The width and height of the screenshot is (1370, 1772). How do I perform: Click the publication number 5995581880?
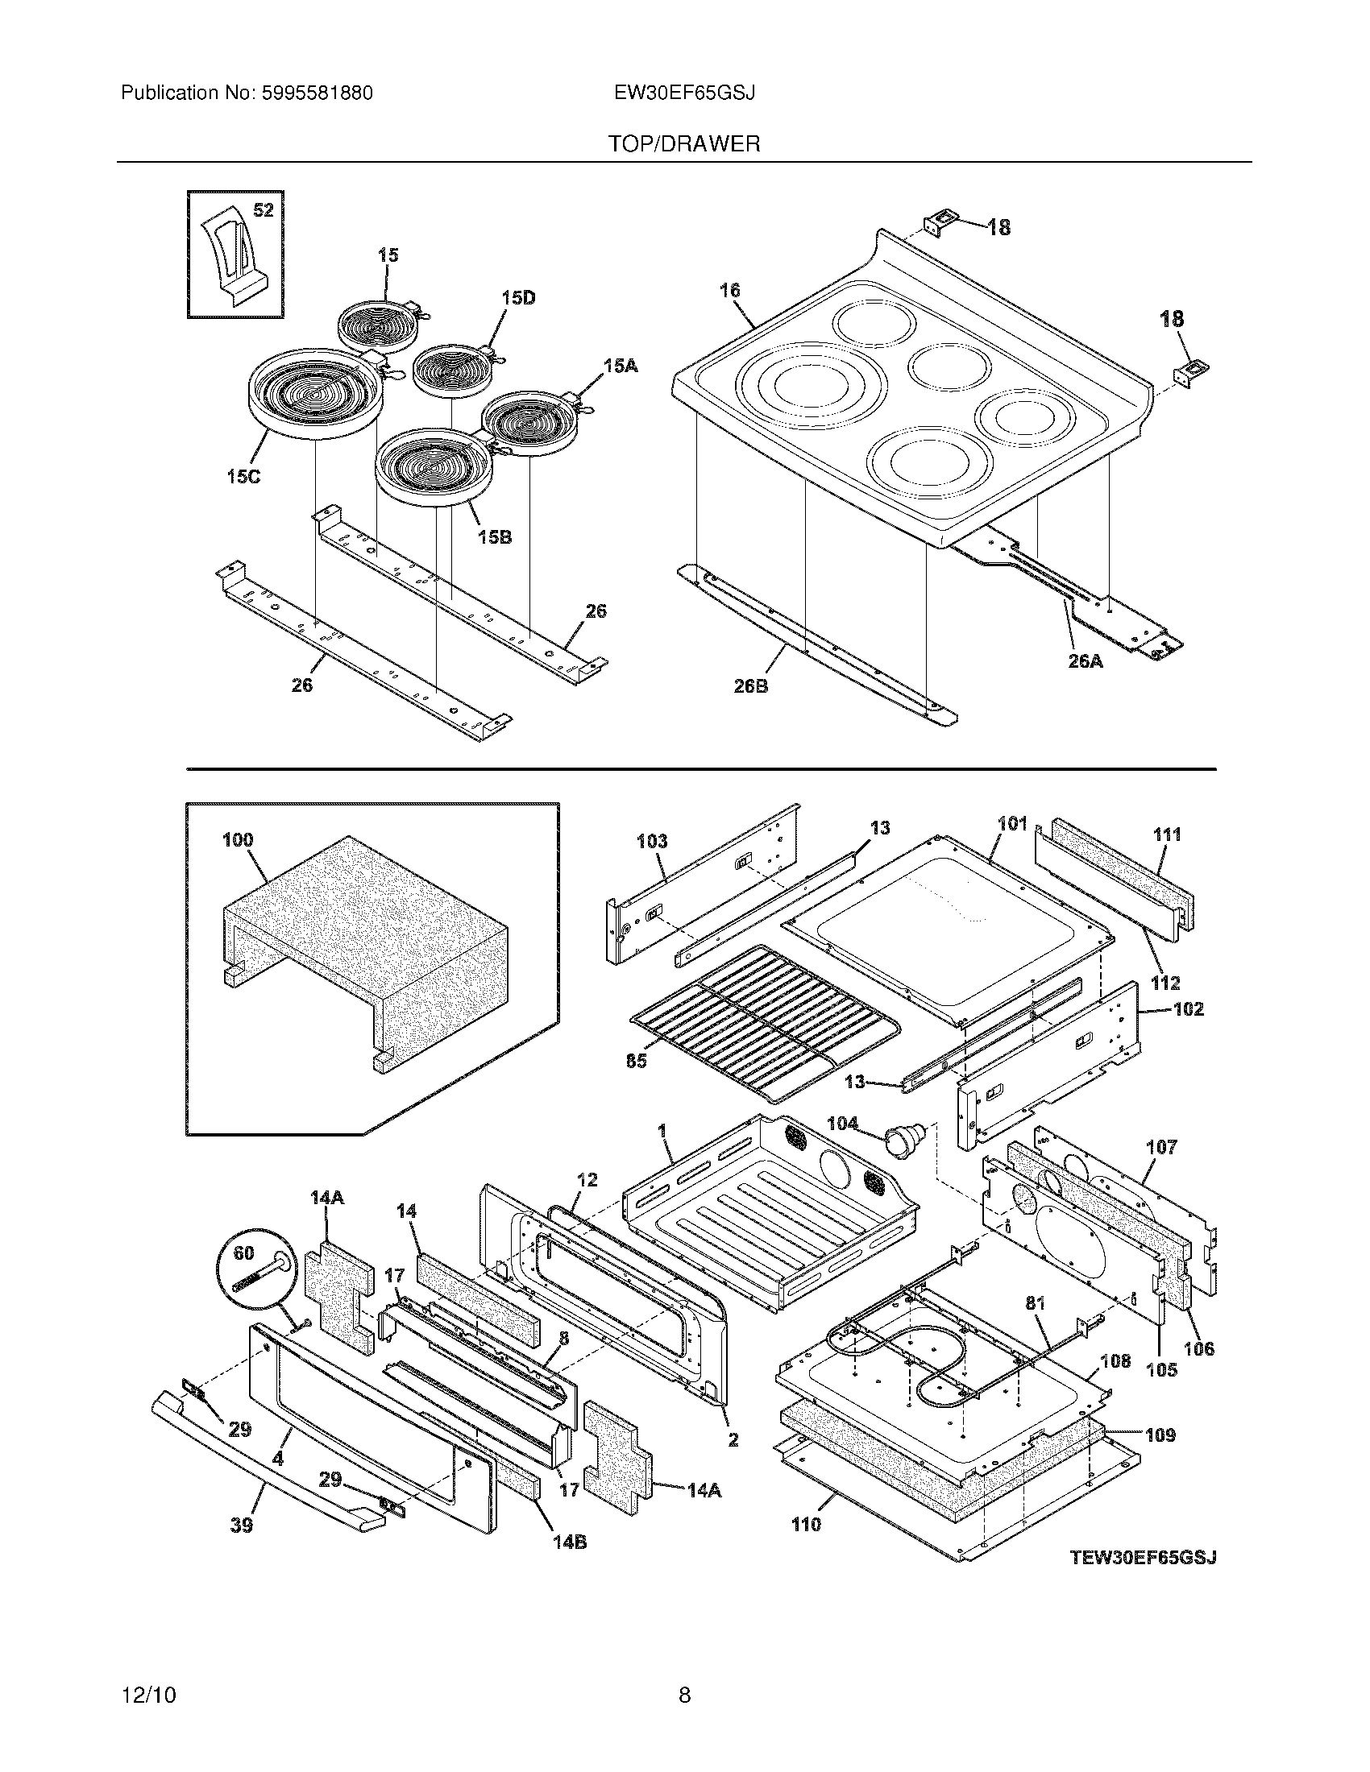click(x=317, y=93)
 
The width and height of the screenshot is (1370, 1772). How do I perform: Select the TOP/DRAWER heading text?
click(x=684, y=144)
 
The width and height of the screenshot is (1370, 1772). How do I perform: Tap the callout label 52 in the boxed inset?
click(x=263, y=210)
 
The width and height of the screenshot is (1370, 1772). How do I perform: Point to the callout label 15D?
click(x=518, y=298)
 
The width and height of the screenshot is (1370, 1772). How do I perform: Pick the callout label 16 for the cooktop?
click(x=729, y=291)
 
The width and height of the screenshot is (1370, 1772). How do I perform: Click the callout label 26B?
click(x=751, y=686)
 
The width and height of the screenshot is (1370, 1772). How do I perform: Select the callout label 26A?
click(x=1086, y=661)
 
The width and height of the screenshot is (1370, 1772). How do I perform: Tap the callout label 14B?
click(x=570, y=1542)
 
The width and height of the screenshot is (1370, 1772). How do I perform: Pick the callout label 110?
click(x=806, y=1525)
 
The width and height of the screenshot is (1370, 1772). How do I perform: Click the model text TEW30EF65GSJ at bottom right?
click(x=1144, y=1557)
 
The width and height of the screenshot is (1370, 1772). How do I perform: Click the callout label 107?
click(x=1161, y=1147)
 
